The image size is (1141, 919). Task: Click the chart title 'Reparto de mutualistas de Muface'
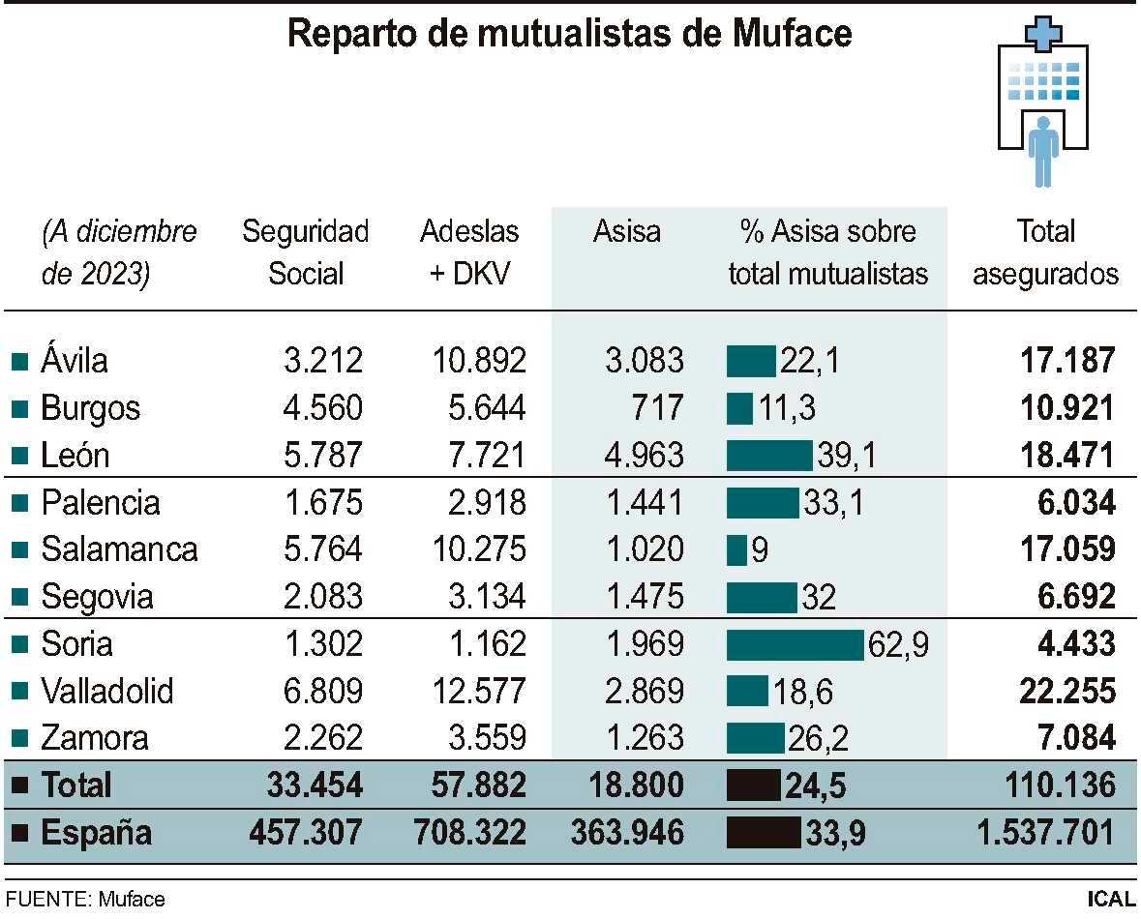[570, 35]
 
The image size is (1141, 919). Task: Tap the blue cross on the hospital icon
[1042, 35]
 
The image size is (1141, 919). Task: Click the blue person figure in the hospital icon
[1042, 151]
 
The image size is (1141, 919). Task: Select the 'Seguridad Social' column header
[305, 252]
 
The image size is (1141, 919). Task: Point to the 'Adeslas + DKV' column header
[469, 252]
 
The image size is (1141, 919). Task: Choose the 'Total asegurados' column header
[1045, 252]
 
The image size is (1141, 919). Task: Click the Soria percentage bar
[795, 644]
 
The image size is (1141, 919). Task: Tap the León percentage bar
[769, 456]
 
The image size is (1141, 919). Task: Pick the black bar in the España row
[764, 832]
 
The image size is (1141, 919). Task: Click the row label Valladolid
[107, 691]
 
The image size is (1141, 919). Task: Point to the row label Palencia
[100, 503]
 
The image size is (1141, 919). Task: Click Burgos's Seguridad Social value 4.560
[323, 408]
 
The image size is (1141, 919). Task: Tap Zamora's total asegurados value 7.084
[1067, 738]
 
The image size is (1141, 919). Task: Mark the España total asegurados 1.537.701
[1045, 832]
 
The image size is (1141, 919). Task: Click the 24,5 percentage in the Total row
[815, 786]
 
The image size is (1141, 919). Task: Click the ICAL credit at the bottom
[1110, 899]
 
